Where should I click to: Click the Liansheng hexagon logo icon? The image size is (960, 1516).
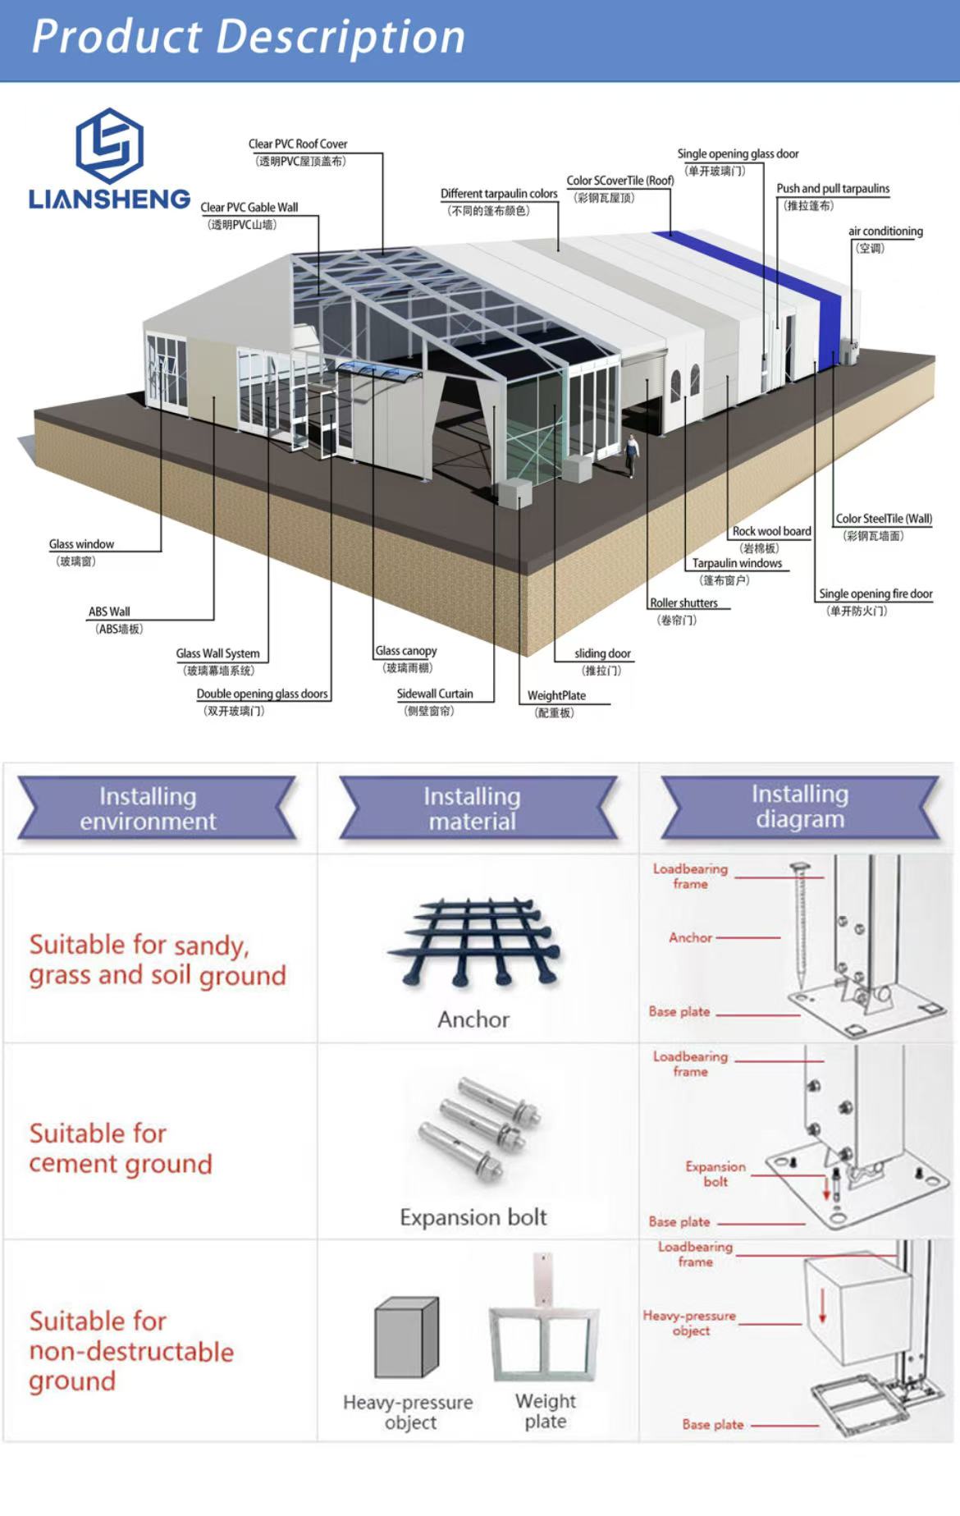point(109,146)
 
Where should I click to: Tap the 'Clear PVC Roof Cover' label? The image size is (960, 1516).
point(298,144)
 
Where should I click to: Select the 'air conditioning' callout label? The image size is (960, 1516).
point(885,231)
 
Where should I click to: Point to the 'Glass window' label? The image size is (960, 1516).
point(81,544)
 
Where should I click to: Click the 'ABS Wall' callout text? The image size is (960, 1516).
point(109,611)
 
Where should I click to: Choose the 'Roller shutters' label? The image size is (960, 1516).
point(683,603)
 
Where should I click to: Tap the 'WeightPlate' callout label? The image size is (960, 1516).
point(556,695)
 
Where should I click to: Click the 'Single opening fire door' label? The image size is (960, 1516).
point(875,593)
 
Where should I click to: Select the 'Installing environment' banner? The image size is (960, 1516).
point(149,808)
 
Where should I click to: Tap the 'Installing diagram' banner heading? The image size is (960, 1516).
point(800,806)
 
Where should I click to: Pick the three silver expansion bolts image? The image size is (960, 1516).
point(479,1128)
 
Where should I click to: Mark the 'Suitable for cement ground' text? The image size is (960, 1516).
point(121,1148)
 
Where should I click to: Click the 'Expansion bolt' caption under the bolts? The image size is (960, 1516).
point(473,1216)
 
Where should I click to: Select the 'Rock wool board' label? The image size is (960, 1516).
point(771,532)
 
